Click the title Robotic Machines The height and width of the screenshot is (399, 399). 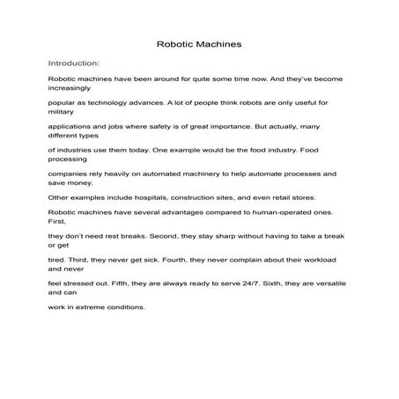(x=198, y=41)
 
